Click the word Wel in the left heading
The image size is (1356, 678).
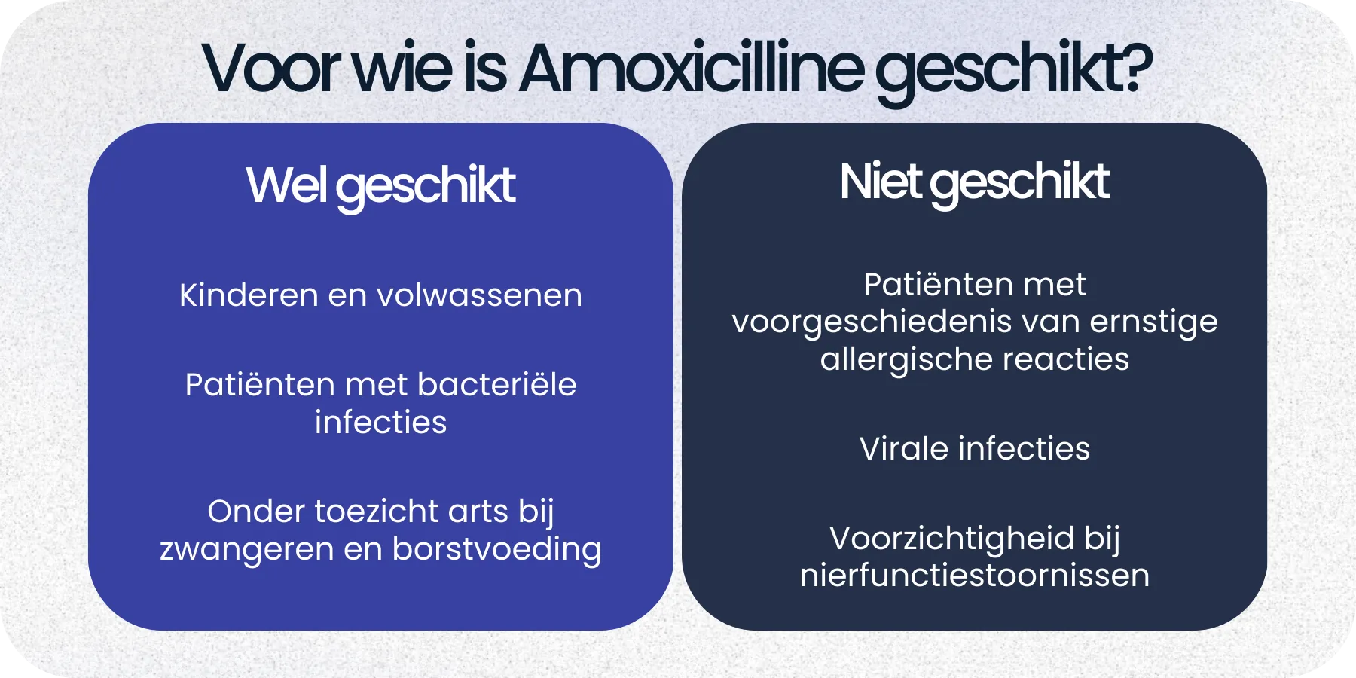(x=286, y=185)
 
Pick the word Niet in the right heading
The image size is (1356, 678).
(x=880, y=182)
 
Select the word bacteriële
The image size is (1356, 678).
(x=496, y=385)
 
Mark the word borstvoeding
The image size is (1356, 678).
(x=496, y=549)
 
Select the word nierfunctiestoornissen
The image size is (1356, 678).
(x=974, y=576)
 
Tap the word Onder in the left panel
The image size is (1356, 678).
(x=255, y=512)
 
